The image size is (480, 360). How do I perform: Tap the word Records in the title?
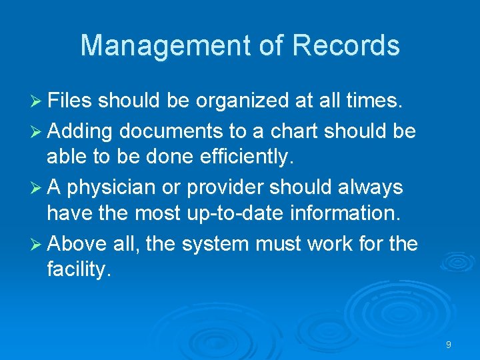click(x=346, y=45)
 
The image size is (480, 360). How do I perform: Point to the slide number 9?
click(x=449, y=345)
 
